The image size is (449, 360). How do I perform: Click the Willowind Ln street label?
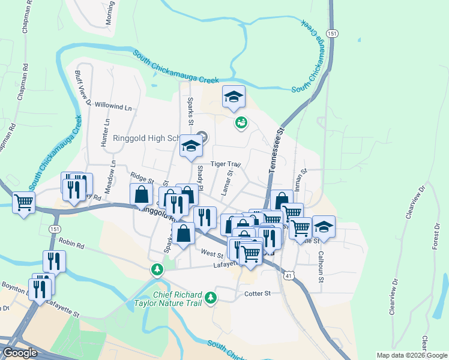click(113, 107)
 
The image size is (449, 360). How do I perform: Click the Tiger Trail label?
click(225, 164)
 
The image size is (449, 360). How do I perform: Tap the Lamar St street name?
click(229, 181)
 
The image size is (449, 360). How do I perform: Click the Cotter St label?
click(258, 293)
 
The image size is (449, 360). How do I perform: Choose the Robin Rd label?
click(71, 244)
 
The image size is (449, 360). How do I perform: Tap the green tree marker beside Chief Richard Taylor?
click(210, 297)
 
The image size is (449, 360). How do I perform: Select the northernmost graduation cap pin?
click(234, 97)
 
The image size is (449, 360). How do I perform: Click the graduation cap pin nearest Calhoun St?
click(324, 227)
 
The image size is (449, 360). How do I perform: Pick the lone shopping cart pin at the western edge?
click(23, 203)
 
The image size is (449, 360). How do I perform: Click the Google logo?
click(19, 352)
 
